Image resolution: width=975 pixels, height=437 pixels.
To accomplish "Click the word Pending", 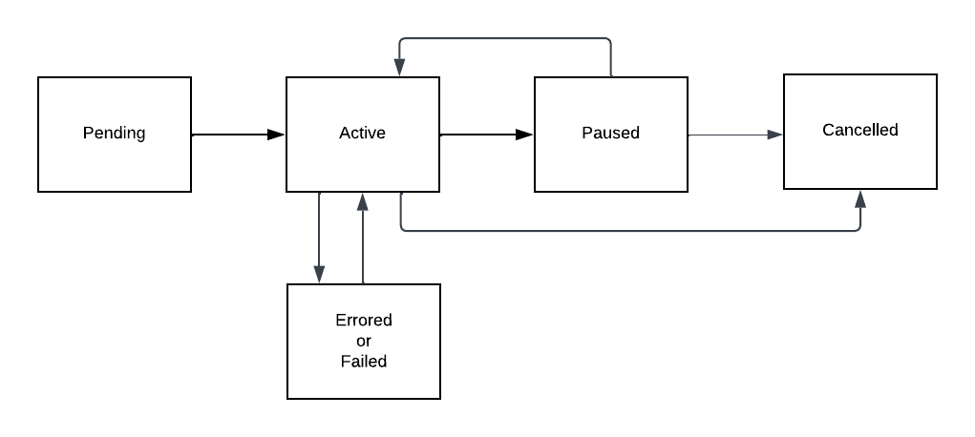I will [114, 133].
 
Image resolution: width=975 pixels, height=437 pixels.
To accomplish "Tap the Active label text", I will [362, 133].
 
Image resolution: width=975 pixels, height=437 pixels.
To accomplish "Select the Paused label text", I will [610, 133].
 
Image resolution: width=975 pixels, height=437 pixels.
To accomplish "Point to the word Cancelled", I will [859, 130].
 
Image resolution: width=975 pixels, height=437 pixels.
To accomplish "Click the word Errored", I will [363, 320].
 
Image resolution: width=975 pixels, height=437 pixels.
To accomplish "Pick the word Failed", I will [363, 362].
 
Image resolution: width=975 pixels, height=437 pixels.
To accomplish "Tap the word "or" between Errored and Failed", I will [363, 341].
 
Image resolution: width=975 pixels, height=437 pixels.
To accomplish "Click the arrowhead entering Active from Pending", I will [277, 135].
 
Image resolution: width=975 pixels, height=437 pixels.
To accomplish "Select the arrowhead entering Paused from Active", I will [524, 135].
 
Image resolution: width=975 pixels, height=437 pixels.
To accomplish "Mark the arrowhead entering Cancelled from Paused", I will [775, 135].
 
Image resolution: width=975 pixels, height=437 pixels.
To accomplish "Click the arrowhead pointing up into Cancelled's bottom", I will [860, 198].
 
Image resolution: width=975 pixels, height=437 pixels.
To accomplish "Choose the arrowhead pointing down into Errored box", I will [319, 275].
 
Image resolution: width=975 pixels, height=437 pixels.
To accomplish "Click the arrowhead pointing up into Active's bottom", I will [363, 200].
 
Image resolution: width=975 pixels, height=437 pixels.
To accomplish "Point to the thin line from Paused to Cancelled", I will [731, 135].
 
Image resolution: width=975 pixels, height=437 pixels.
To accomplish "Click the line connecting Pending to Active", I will [234, 135].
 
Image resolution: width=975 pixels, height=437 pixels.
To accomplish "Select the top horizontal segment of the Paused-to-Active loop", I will [506, 38].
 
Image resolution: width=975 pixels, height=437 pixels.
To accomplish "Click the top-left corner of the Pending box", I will [38, 78].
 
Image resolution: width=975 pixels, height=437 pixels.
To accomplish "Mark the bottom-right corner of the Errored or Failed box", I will [440, 398].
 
